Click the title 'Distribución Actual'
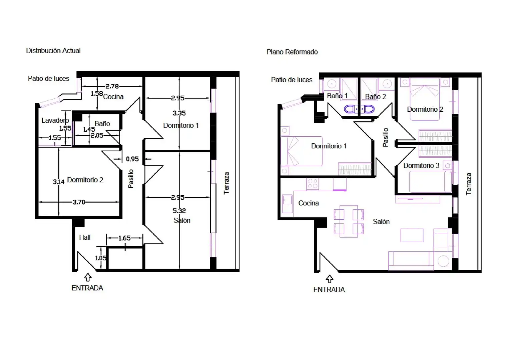(x=53, y=51)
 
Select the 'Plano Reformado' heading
(x=292, y=52)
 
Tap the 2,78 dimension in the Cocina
(x=112, y=86)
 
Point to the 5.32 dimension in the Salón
(x=179, y=211)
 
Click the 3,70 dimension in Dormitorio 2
(x=79, y=202)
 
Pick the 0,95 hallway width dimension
(x=132, y=159)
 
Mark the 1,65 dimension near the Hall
(x=124, y=238)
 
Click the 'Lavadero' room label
(x=55, y=120)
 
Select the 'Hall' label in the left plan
(x=85, y=237)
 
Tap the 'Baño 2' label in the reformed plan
(x=376, y=97)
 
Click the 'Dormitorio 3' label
(x=421, y=165)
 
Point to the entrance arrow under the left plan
(x=88, y=277)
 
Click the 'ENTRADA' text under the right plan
(x=329, y=290)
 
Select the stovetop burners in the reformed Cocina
(x=313, y=184)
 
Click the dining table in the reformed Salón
(x=349, y=221)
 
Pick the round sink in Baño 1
(x=332, y=84)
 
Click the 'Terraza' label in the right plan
(x=468, y=184)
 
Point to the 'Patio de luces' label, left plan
(x=48, y=79)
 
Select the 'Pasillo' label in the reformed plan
(x=385, y=137)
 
